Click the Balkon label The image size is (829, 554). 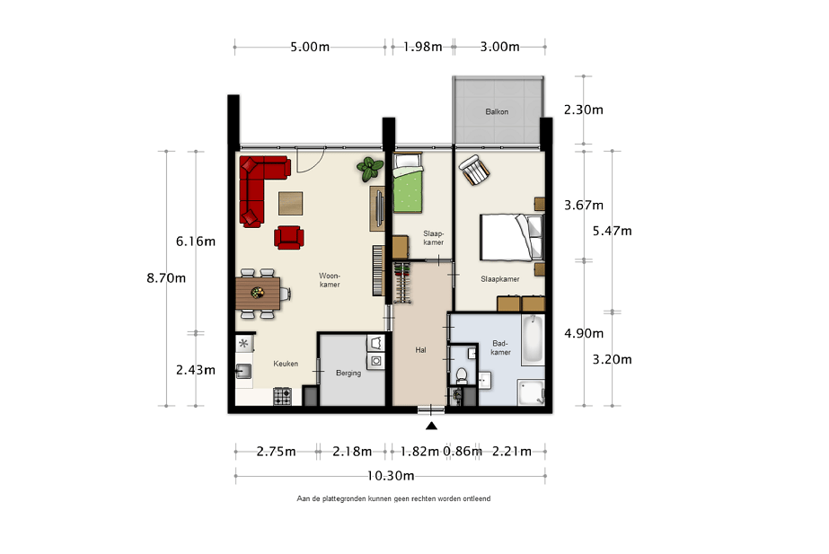[x=497, y=111]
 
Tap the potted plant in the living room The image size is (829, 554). [x=369, y=169]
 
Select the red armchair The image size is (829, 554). [x=288, y=237]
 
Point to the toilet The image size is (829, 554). [x=462, y=376]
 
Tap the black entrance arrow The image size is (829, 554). [x=431, y=426]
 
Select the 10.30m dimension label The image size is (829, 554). [x=391, y=476]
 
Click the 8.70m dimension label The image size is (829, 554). [x=166, y=278]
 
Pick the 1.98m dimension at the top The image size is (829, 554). [x=422, y=47]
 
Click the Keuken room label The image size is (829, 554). [x=286, y=364]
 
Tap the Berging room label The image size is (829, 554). [x=348, y=373]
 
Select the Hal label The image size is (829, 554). [x=420, y=350]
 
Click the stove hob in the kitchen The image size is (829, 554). [x=282, y=397]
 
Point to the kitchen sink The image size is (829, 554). [x=243, y=371]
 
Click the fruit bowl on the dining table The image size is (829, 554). [x=258, y=293]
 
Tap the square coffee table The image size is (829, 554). [x=291, y=203]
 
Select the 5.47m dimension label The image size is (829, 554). [x=613, y=231]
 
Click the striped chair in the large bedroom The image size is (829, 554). [x=474, y=170]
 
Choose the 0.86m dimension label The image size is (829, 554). [x=463, y=452]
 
